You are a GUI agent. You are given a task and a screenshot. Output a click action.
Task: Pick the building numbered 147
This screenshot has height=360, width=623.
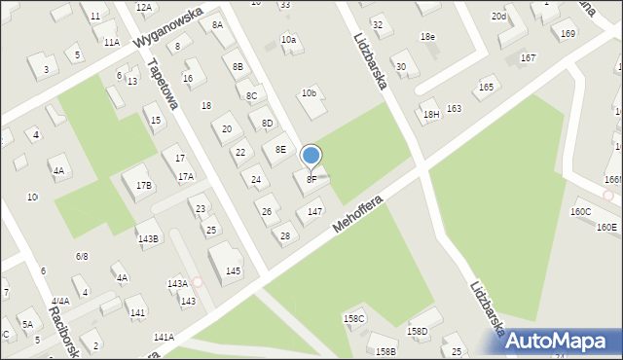(314, 211)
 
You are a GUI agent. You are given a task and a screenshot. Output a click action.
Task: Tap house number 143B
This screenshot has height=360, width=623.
(148, 238)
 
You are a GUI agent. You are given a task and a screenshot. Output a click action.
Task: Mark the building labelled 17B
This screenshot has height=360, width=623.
(144, 185)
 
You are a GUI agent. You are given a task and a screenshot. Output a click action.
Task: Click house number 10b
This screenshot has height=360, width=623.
(309, 92)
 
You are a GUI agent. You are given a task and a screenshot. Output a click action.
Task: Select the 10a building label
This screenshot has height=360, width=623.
(288, 39)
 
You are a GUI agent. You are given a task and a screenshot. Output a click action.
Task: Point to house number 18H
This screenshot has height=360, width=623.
(431, 114)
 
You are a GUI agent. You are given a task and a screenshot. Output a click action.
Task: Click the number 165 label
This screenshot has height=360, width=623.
(486, 88)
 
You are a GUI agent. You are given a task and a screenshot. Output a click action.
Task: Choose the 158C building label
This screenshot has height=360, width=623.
(354, 318)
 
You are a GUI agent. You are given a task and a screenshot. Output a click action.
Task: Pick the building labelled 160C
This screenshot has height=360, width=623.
(581, 211)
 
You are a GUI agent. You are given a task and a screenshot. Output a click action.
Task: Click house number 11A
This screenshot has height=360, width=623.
(112, 43)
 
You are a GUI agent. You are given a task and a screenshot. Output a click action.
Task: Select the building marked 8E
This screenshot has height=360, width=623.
(280, 149)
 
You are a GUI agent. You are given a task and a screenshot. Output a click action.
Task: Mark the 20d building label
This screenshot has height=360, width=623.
(498, 17)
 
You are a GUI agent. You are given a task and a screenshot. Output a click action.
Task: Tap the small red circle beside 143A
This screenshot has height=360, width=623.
(198, 282)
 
